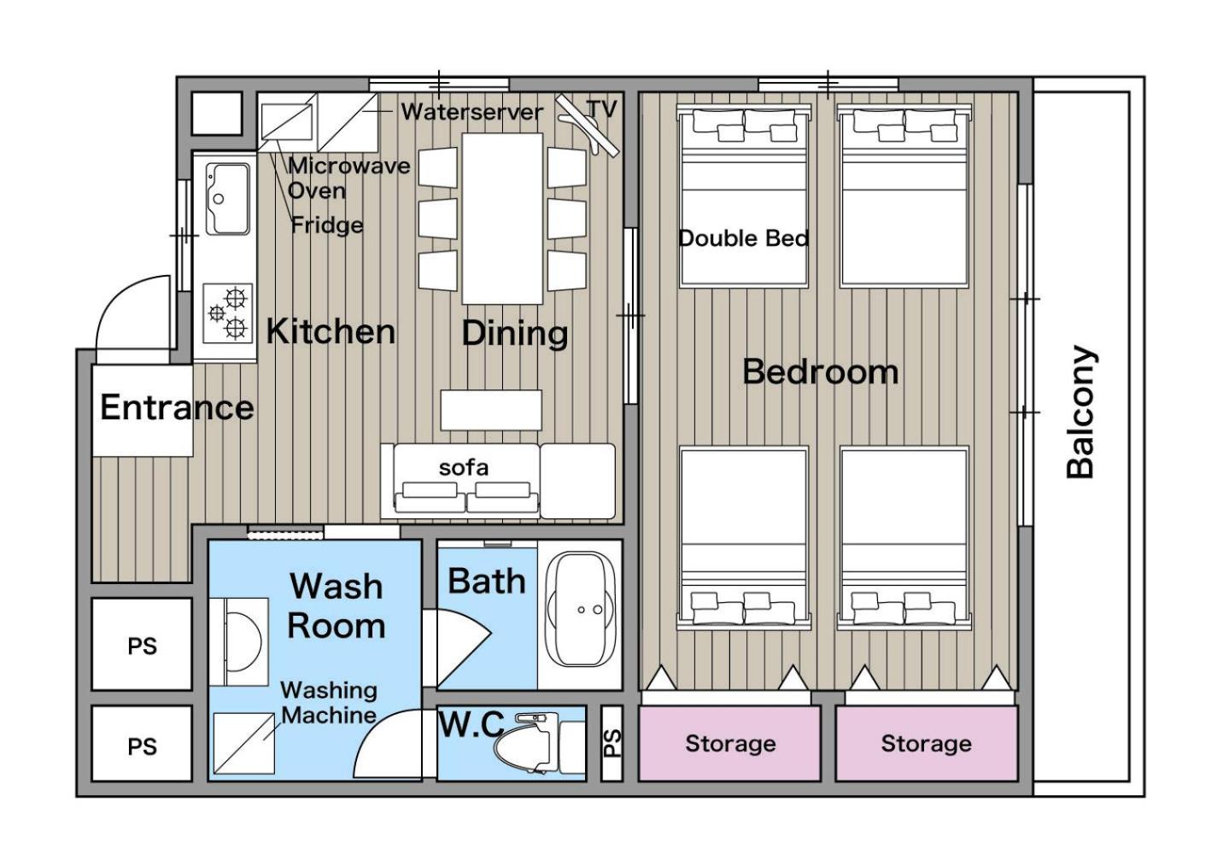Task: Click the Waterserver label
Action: tap(471, 112)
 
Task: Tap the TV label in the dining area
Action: tap(602, 109)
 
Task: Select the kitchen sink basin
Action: tap(228, 198)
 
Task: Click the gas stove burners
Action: tap(228, 313)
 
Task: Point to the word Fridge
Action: tap(327, 225)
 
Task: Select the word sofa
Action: tap(464, 467)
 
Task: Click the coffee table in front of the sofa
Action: tap(491, 410)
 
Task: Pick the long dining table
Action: tap(502, 219)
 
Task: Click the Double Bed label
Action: tap(744, 238)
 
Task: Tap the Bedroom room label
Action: tap(821, 372)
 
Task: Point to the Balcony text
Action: tap(1080, 412)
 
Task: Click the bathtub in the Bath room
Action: tap(581, 609)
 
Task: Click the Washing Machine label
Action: tap(329, 703)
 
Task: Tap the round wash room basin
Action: tap(243, 641)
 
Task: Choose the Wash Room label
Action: tap(336, 606)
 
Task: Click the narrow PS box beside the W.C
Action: tap(611, 743)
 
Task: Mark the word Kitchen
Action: tap(331, 331)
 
